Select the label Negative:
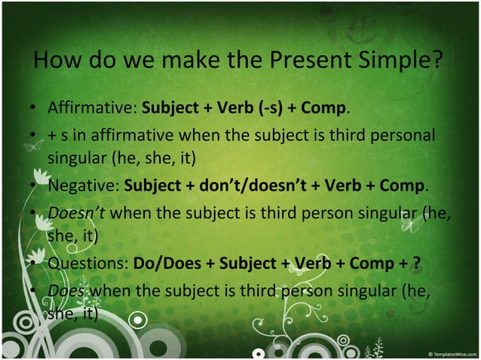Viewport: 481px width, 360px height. pos(84,185)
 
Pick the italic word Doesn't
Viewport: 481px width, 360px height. pos(76,212)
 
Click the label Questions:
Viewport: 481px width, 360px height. pos(88,264)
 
